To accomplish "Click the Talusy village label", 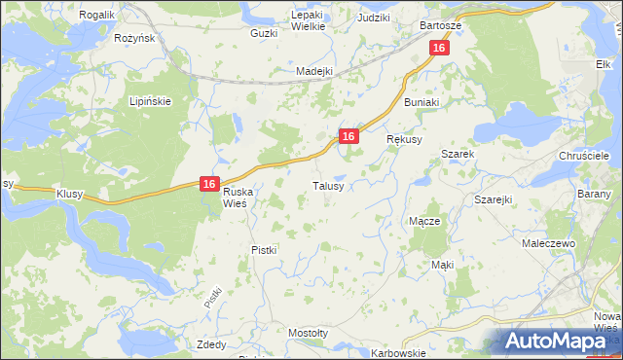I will coord(326,186).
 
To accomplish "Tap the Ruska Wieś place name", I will coord(232,198).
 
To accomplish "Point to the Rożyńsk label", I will coord(135,38).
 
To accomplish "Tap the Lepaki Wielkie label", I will coord(302,21).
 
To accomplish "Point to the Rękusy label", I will coord(405,140).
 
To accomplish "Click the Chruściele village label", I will coord(584,156).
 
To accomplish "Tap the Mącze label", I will coord(424,221).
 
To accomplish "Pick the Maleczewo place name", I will coord(549,243).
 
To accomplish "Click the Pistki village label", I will coord(264,250).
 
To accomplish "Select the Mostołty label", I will coord(308,333).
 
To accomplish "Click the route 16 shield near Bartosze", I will coord(440,48).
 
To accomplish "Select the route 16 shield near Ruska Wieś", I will coord(209,183).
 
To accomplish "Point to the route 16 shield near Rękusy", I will coord(348,137).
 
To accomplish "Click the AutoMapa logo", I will coord(559,341).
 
